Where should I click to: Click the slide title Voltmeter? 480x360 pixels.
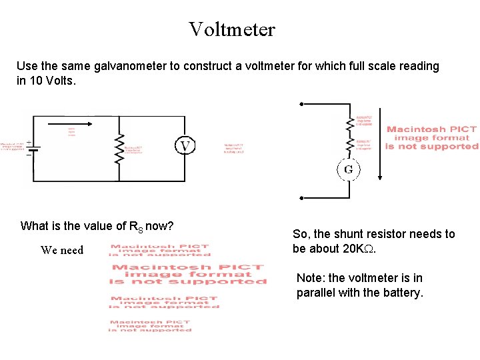(x=231, y=29)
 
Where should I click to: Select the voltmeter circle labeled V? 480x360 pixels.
(x=185, y=146)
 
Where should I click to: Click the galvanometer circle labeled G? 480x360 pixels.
(x=348, y=169)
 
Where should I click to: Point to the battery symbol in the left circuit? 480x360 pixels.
(x=33, y=148)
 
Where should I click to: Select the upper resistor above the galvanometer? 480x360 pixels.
(x=348, y=124)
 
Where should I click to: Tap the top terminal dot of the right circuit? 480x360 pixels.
(x=301, y=104)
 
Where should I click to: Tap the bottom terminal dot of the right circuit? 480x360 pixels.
(x=301, y=198)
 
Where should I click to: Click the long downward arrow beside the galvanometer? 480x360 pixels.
(x=380, y=143)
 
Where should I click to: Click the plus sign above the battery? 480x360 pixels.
(x=29, y=141)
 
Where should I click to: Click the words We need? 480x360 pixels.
(x=62, y=251)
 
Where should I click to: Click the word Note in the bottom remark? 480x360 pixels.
(x=309, y=278)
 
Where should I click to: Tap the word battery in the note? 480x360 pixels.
(x=401, y=293)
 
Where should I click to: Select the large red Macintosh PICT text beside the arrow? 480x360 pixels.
(x=431, y=137)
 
